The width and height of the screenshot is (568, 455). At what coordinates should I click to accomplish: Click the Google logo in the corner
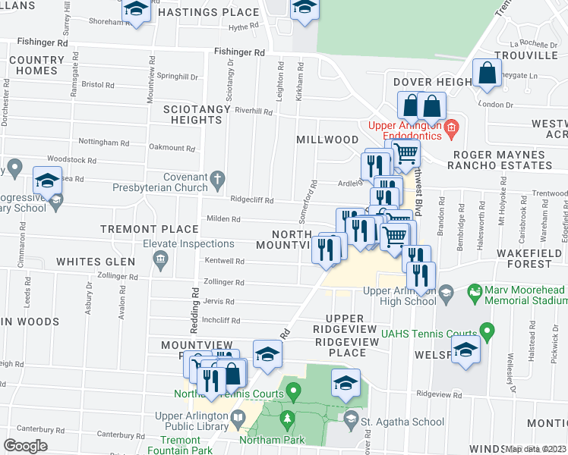[26, 446]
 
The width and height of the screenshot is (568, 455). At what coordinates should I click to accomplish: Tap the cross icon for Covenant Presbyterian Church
[218, 180]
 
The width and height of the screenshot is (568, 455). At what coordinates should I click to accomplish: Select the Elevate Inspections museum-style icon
[160, 261]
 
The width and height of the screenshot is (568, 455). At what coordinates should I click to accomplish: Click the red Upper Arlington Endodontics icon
[451, 127]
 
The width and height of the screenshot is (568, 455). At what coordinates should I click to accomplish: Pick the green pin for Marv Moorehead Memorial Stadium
[475, 291]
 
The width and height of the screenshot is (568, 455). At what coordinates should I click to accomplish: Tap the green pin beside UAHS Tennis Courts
[486, 331]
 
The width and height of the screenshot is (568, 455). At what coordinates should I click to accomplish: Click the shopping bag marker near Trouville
[487, 74]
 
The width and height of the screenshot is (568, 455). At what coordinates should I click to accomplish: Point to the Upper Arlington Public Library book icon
[238, 418]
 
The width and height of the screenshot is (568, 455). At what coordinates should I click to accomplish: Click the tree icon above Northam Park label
[288, 418]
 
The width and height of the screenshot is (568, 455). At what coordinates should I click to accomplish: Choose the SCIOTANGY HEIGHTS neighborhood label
[193, 115]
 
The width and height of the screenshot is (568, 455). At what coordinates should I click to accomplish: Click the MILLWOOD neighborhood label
[327, 140]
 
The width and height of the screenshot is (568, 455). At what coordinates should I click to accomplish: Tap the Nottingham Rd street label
[99, 142]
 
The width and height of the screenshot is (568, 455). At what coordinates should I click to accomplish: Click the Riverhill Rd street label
[254, 111]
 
